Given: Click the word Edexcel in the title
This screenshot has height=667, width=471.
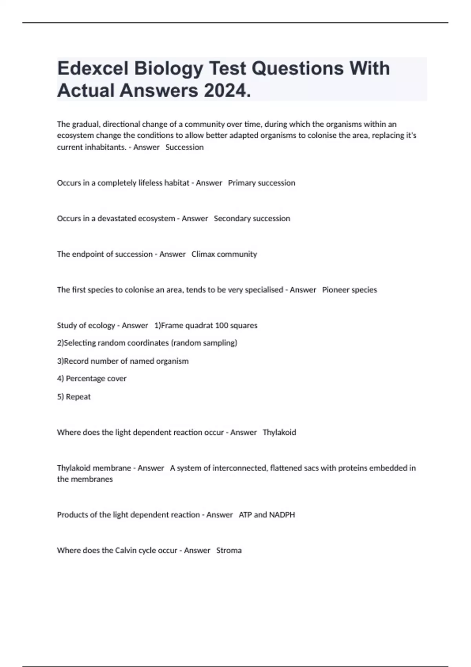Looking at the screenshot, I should tap(93, 68).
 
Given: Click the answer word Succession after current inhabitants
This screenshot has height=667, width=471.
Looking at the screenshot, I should tap(184, 147).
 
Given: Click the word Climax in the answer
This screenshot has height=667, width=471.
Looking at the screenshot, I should tap(203, 254).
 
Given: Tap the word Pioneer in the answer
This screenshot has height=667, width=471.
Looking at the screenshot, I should tap(336, 290).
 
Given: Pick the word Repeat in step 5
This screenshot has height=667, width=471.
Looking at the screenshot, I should tap(78, 397).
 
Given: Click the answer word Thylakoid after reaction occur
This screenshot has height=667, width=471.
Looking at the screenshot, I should tap(279, 432).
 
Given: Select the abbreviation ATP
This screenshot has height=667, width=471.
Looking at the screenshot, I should tap(245, 515).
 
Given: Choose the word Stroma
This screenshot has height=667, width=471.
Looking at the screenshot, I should tap(229, 550).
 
